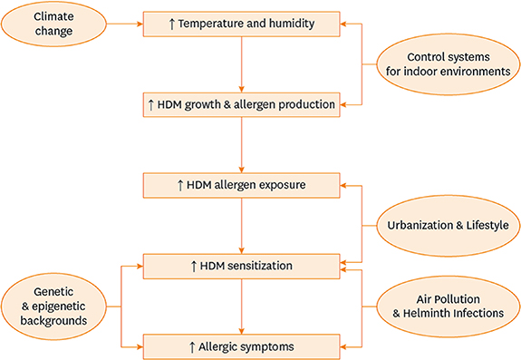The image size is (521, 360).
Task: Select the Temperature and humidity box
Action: tap(241, 24)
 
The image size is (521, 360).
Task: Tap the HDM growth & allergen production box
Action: tap(241, 104)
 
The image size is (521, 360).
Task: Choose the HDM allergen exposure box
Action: tap(241, 185)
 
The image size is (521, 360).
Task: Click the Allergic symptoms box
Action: tap(241, 345)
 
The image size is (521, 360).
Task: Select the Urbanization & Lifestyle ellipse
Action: tap(446, 225)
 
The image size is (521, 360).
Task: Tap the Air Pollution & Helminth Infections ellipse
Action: tap(446, 305)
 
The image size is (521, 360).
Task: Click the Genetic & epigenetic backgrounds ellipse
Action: tap(56, 305)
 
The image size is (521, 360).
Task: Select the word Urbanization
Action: tap(420, 225)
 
